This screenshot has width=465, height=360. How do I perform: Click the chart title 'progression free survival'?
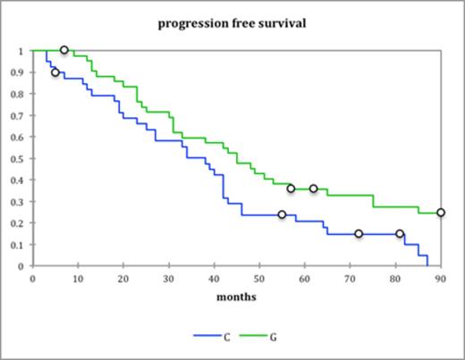coord(232,23)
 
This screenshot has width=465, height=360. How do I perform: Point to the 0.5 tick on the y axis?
coord(20,159)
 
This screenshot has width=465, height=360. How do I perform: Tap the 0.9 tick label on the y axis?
coord(20,72)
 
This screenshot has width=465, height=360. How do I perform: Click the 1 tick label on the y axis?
coord(23,51)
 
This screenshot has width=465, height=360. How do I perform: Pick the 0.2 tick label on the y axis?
coord(20,223)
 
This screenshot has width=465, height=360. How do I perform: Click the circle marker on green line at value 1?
coord(64,50)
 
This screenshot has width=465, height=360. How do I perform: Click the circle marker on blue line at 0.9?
coord(55,72)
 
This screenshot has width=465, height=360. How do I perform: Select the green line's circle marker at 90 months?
coord(441,213)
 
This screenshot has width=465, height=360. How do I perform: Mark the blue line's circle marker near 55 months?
coord(282,214)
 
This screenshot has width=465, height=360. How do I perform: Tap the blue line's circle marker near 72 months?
coord(359,234)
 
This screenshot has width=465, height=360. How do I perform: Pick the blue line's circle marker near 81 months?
coord(400,234)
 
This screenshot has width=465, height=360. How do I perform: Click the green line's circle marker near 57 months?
coord(291,188)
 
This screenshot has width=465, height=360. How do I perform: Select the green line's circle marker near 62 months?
coord(314,188)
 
